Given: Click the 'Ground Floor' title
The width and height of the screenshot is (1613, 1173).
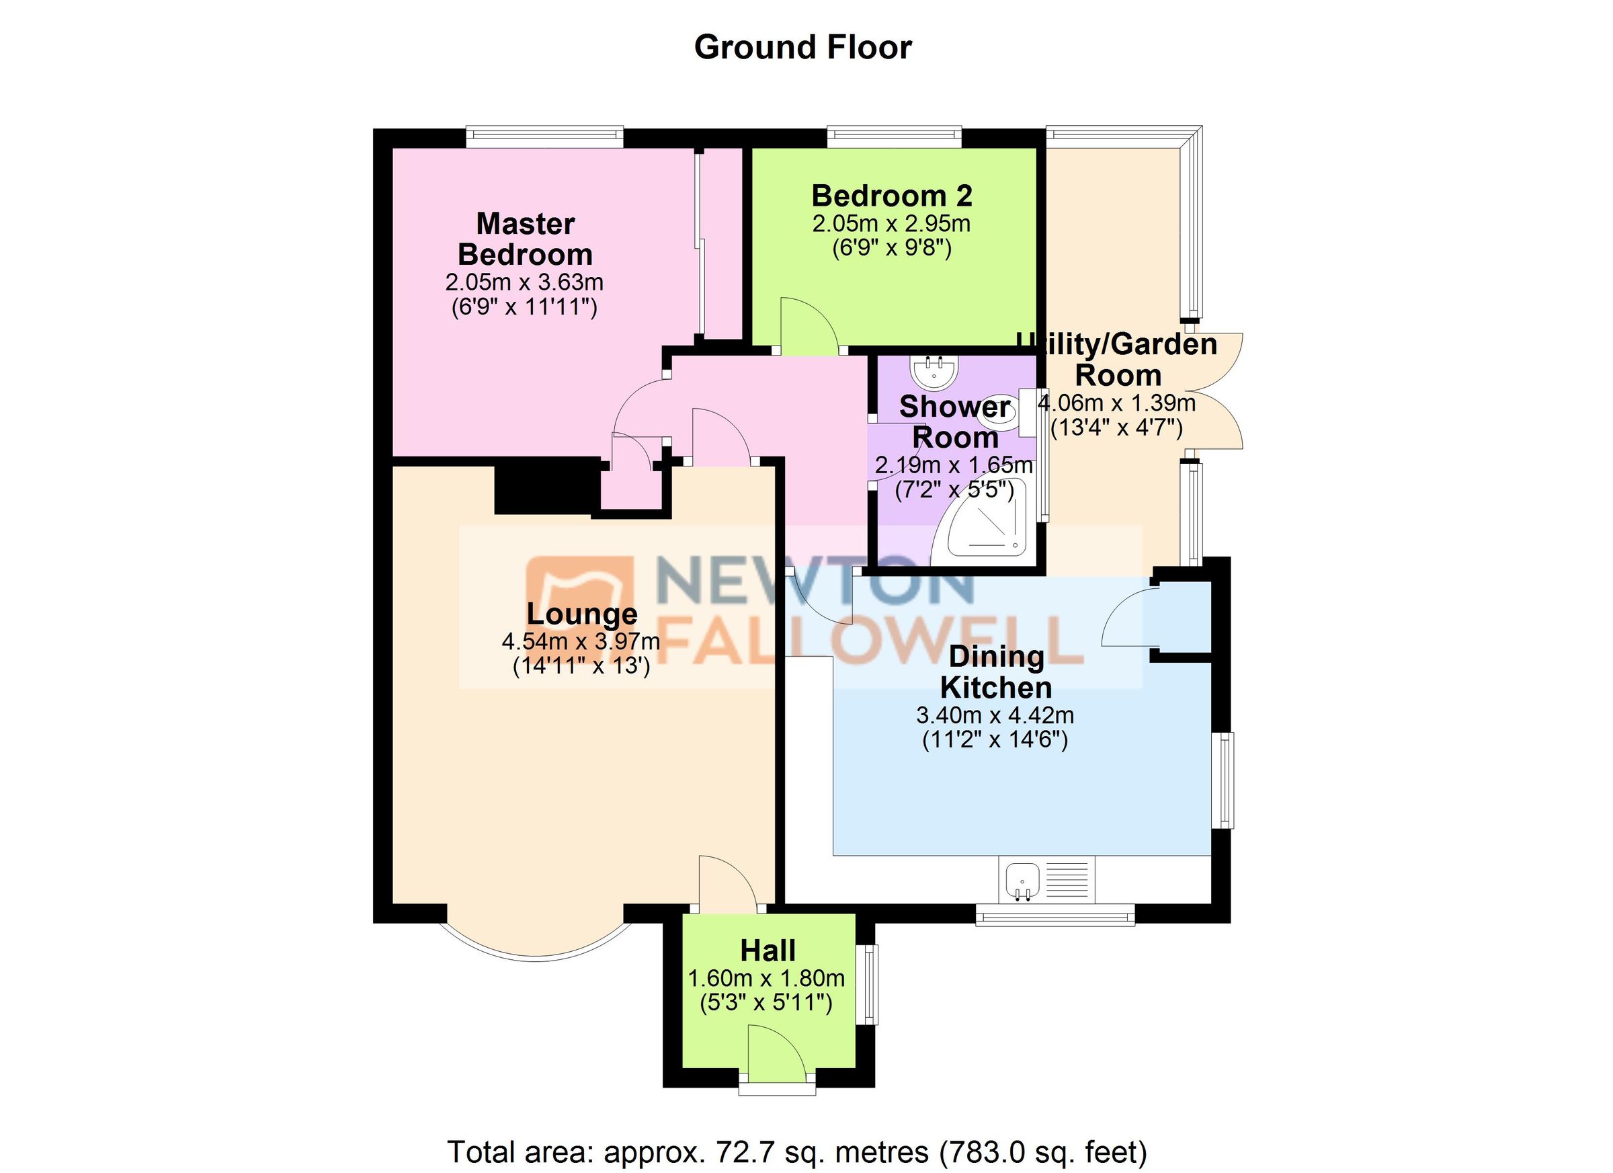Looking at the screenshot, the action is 802,48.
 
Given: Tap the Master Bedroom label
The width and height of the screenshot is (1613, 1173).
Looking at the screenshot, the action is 526,239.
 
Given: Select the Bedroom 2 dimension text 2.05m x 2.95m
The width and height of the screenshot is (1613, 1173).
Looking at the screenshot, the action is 891,223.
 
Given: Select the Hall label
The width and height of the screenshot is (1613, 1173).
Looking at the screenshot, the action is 768,950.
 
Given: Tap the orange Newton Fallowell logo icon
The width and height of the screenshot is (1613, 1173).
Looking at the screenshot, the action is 579,609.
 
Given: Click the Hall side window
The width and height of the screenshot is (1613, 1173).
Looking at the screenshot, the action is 867,985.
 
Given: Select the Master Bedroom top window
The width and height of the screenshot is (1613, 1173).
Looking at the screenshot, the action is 545,137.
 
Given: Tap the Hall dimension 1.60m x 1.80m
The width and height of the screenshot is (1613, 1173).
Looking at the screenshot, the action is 766,978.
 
